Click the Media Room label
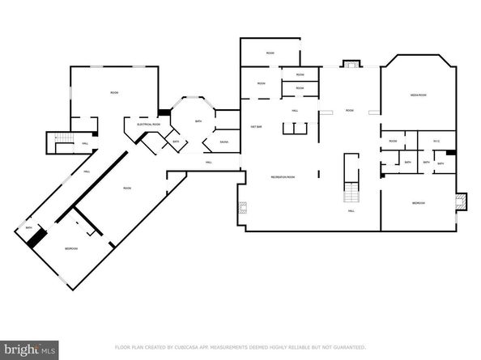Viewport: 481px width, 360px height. pos(418,96)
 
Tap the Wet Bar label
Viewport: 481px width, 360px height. pos(256,126)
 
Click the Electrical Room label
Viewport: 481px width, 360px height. pos(149,124)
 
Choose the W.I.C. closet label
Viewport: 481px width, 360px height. pos(436,142)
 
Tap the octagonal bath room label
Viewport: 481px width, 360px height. pos(198,121)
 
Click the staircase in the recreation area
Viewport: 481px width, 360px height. pos(351,192)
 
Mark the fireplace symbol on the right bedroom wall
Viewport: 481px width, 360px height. pos(462,199)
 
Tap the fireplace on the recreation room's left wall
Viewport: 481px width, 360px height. pos(240,209)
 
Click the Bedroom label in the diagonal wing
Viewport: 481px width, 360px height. pos(71,248)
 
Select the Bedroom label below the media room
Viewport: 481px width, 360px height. pos(418,202)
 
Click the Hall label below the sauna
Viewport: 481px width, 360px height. pos(208,163)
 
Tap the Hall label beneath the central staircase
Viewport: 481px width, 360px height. pos(351,210)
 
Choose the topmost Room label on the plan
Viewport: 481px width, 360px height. pos(270,53)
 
